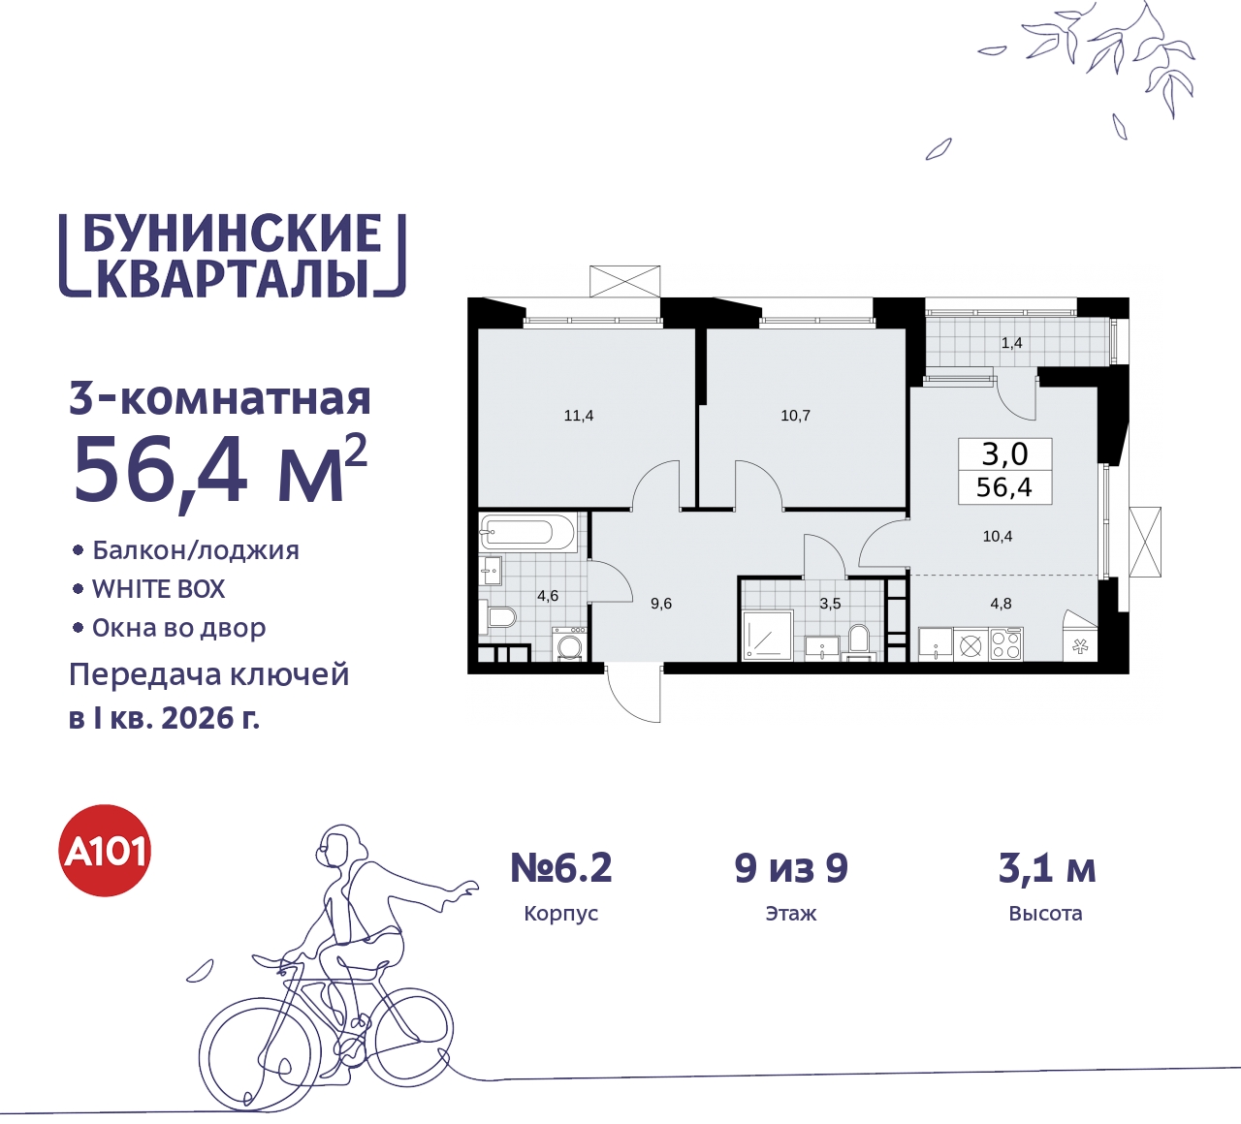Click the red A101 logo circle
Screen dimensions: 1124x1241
105,851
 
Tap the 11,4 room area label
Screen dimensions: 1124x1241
579,416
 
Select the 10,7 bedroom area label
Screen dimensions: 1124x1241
795,416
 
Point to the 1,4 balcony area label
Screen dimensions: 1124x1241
1011,343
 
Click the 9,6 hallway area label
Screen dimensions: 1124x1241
661,604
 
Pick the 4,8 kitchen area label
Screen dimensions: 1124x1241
1001,604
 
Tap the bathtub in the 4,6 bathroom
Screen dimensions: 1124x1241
517,531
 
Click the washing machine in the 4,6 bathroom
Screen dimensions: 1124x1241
569,645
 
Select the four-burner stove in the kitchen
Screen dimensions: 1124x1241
1006,644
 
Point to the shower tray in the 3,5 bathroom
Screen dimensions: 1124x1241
767,636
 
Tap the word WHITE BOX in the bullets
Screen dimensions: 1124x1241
158,589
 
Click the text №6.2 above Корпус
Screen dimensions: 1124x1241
561,868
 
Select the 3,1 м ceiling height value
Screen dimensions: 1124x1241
1046,868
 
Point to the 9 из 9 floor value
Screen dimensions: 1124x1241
791,868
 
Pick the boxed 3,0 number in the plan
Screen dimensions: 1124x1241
1004,453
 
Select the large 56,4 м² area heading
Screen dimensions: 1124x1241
219,471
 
